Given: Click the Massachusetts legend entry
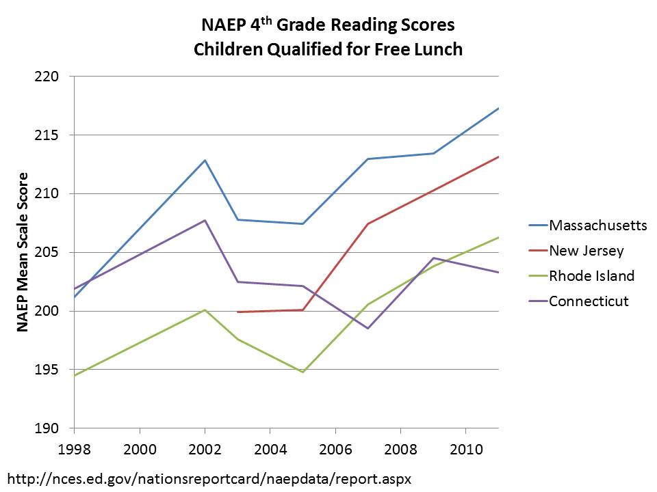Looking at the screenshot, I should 597,225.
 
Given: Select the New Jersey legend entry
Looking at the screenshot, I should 587,251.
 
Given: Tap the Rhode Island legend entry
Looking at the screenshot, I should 591,276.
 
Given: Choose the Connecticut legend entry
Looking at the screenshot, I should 589,301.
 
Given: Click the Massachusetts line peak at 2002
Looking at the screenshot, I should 205,160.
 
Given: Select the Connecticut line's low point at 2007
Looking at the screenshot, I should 368,329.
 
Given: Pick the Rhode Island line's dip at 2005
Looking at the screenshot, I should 302,372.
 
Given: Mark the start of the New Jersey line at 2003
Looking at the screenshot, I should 237,312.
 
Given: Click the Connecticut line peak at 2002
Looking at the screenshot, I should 205,220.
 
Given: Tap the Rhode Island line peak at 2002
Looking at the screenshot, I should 205,310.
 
